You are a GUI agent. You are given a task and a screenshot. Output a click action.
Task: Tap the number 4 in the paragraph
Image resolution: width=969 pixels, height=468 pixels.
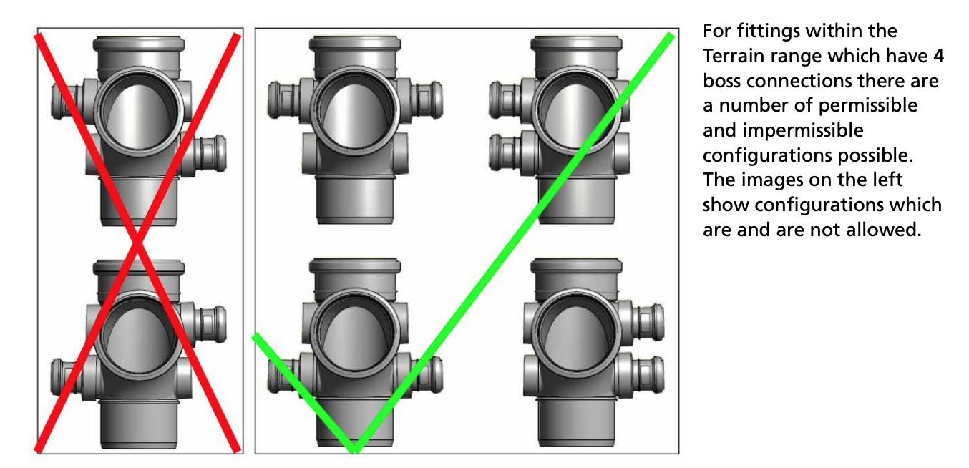pos(938,57)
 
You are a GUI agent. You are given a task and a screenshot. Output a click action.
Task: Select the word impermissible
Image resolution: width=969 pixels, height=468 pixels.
pos(803,131)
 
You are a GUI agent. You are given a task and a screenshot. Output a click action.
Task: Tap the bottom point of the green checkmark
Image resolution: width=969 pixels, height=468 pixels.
pos(354,452)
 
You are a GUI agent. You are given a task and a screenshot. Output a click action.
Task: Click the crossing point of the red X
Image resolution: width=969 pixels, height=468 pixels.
pos(137,243)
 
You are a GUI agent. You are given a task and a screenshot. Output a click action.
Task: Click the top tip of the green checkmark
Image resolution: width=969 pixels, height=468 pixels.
pos(671,34)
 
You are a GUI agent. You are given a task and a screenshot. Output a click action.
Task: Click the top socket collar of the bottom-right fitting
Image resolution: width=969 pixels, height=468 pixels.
pos(576,265)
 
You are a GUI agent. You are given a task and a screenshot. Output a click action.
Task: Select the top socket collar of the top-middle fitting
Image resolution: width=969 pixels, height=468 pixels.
pos(355,43)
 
